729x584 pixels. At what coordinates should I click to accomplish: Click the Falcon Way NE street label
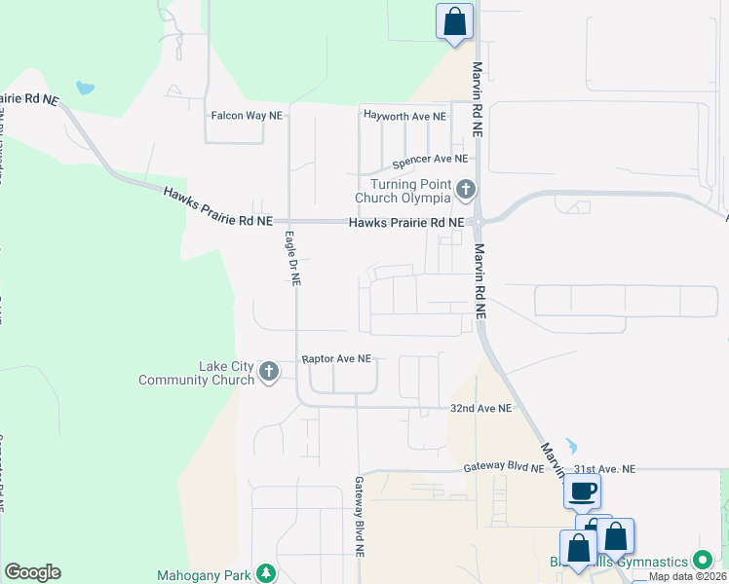(x=247, y=116)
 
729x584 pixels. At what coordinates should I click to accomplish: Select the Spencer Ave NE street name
(x=430, y=159)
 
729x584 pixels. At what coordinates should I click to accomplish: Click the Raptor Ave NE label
(x=336, y=359)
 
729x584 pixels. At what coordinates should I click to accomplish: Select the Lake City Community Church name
(x=198, y=373)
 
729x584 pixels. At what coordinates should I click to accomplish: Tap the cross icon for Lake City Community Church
(x=269, y=372)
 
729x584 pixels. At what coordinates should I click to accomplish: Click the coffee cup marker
(x=582, y=492)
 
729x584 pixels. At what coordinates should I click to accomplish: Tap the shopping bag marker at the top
(x=454, y=21)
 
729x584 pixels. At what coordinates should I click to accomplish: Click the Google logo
(x=32, y=572)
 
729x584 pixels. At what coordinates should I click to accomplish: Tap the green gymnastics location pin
(x=702, y=561)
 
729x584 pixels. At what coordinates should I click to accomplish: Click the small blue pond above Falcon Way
(x=86, y=89)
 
